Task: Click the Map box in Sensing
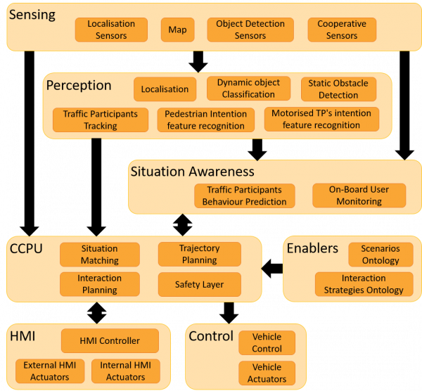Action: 178,30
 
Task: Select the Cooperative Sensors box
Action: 342,30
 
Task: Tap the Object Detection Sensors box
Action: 250,30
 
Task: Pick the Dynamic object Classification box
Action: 248,89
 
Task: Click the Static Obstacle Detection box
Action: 338,89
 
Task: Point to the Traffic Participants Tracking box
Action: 101,120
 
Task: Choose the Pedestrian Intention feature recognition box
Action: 206,120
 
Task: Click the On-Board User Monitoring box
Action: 359,195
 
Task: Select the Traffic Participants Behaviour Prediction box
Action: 244,195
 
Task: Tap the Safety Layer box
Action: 200,284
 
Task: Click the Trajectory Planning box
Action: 200,254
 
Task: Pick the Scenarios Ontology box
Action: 381,255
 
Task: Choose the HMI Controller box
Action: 110,340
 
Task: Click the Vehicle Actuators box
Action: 267,373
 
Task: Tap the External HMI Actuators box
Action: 50,371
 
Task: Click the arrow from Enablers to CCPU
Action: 272,269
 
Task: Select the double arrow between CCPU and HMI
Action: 97,313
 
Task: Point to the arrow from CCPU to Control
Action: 229,313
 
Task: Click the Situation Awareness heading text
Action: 193,172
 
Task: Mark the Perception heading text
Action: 79,86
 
